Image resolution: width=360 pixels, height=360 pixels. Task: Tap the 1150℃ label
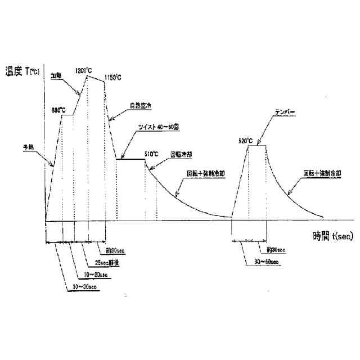(x=113, y=77)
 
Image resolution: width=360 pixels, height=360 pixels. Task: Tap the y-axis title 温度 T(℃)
(x=22, y=71)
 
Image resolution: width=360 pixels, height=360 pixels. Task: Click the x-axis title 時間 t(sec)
(x=333, y=236)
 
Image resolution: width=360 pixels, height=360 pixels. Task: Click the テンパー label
(x=285, y=111)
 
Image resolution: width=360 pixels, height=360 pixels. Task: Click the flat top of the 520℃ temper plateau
(x=257, y=146)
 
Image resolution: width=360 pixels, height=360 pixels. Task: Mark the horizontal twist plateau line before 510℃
(x=130, y=159)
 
